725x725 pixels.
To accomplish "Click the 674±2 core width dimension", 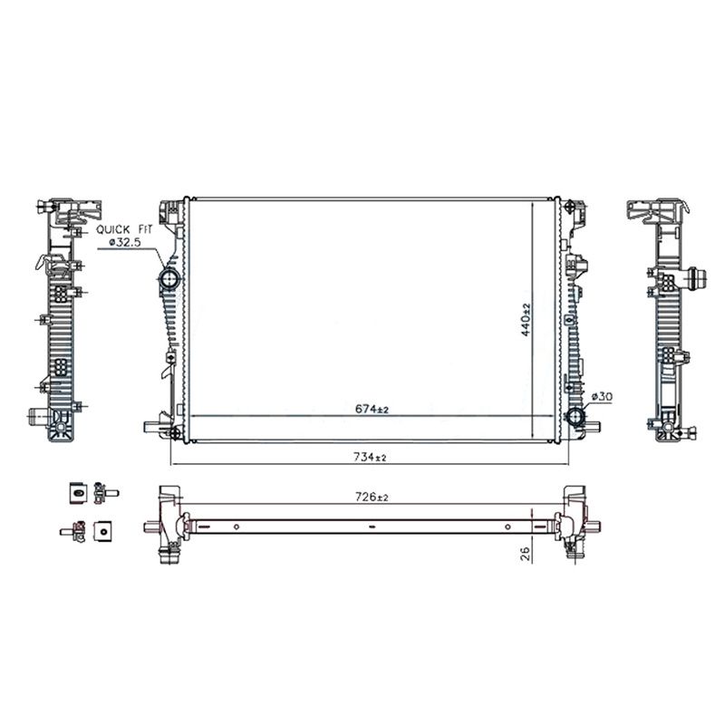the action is tap(372, 410).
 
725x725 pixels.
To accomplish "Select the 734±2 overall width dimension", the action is tap(370, 458).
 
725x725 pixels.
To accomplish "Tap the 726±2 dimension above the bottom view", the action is tap(372, 498).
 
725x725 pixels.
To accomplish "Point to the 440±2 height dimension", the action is tap(526, 319).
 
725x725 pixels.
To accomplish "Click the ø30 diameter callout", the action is tap(602, 397).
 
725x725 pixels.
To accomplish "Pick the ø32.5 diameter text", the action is tap(124, 241).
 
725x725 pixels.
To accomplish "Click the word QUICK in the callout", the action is tap(113, 229).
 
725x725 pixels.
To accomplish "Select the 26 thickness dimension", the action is tap(526, 554).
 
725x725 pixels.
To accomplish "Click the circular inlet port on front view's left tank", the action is tap(169, 279).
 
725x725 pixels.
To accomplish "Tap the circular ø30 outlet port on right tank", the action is tap(576, 418).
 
